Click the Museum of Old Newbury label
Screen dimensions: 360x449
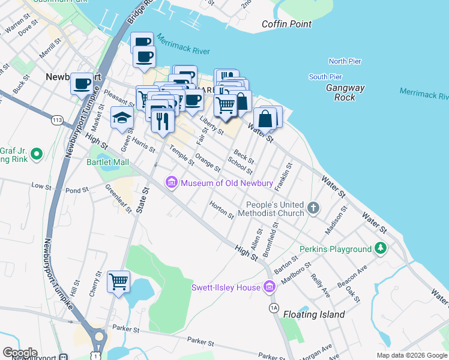[227, 182]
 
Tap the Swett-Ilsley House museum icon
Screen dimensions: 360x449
[269, 287]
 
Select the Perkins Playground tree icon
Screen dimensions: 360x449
[379, 248]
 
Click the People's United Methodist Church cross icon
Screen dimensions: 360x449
[313, 208]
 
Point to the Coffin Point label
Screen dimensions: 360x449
[287, 25]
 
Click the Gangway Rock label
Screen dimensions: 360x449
[345, 92]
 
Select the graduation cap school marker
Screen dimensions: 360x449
[122, 118]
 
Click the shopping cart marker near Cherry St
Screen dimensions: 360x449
[118, 281]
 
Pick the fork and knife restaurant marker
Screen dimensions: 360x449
[163, 121]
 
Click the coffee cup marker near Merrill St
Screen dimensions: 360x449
[82, 83]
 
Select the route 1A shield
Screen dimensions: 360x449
[274, 308]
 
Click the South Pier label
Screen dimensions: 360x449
[325, 77]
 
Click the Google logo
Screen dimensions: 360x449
[20, 353]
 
